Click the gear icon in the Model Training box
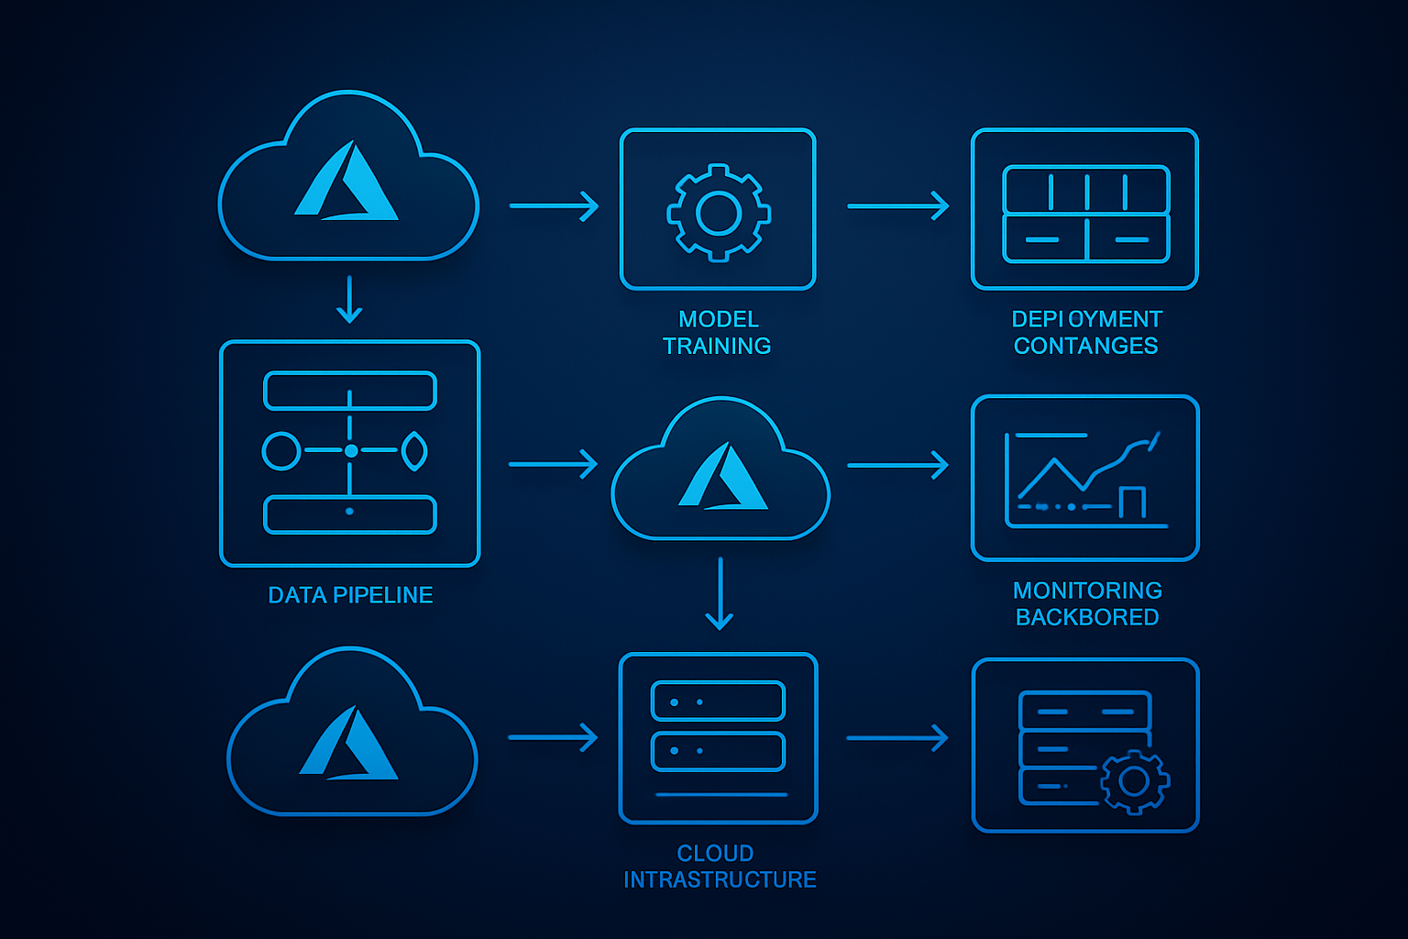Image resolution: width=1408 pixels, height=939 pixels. (x=719, y=213)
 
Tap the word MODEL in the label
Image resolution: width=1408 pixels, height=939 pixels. (x=719, y=319)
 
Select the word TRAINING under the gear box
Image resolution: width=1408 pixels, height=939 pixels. (x=717, y=346)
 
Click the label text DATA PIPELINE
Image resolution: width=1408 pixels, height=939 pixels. (x=350, y=595)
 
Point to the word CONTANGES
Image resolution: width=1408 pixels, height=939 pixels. (x=1085, y=346)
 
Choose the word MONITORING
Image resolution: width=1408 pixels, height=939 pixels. (x=1087, y=591)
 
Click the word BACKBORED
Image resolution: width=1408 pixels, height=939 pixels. (x=1087, y=617)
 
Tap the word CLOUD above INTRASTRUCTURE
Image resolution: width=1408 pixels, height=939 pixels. (x=715, y=854)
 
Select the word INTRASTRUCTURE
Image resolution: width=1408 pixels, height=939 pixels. (x=720, y=880)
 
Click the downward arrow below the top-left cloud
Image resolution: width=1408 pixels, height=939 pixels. (x=349, y=300)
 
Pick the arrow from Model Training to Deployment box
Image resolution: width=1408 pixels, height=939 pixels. (x=897, y=206)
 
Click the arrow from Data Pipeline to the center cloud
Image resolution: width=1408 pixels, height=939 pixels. (x=553, y=464)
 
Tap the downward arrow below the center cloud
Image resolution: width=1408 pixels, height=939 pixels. (x=720, y=593)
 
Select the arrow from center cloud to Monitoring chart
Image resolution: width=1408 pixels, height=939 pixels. (x=897, y=465)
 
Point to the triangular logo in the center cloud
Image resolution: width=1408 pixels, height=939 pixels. (x=722, y=477)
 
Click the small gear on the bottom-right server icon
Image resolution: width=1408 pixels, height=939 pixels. (x=1134, y=781)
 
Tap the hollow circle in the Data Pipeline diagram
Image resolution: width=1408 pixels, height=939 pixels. (x=281, y=451)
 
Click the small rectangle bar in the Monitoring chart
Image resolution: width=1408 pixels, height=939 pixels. (x=1132, y=503)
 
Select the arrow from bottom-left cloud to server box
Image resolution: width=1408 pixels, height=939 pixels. (x=552, y=737)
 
